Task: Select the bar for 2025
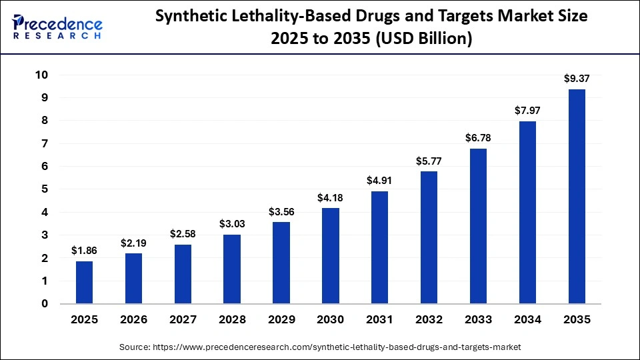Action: [x=84, y=282]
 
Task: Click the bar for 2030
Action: [x=330, y=256]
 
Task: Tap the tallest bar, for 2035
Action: [x=577, y=197]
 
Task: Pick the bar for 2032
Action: [x=429, y=237]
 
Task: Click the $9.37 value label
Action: [x=577, y=79]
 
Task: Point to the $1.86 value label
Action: [x=84, y=251]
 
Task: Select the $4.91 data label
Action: [x=379, y=180]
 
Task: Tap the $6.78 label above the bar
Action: [x=478, y=137]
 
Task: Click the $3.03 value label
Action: [x=232, y=223]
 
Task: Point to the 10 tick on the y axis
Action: [x=41, y=75]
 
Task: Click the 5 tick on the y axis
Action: [x=45, y=189]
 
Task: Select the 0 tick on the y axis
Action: [x=45, y=304]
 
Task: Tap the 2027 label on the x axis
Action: [x=183, y=320]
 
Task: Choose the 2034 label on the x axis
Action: [x=527, y=320]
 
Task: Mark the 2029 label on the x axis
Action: [x=281, y=320]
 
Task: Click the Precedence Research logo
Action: [x=57, y=27]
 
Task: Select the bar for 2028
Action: [x=232, y=269]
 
